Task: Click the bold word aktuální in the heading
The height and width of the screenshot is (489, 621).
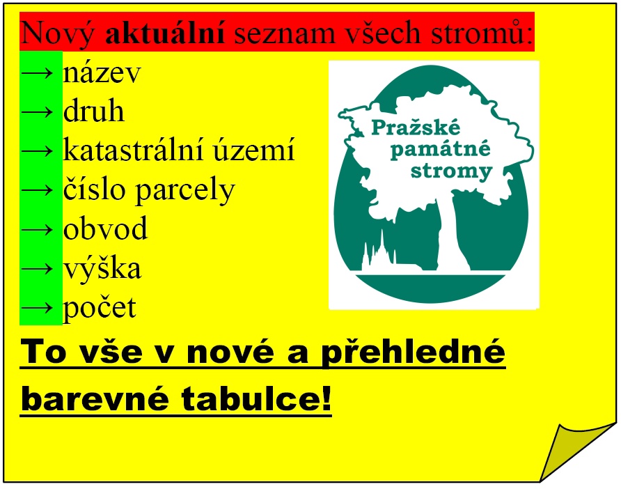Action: pos(165,33)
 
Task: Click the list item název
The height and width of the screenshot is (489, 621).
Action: pos(102,73)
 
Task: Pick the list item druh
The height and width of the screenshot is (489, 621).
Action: pos(94,110)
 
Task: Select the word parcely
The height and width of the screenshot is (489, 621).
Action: pos(186,192)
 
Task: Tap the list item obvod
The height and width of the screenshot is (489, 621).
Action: pos(105,228)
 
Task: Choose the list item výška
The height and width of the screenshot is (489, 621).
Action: pos(102,269)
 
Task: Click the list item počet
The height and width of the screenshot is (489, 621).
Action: pos(100,308)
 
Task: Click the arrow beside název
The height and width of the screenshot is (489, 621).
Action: pos(37,73)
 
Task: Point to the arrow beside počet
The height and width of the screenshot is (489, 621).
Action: pos(37,308)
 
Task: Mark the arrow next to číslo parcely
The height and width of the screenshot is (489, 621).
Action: pos(37,191)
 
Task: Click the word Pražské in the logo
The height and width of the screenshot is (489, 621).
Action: pos(416,127)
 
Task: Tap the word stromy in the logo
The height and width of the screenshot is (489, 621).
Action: pos(451,172)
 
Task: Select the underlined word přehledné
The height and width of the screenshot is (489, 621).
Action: pos(413,352)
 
